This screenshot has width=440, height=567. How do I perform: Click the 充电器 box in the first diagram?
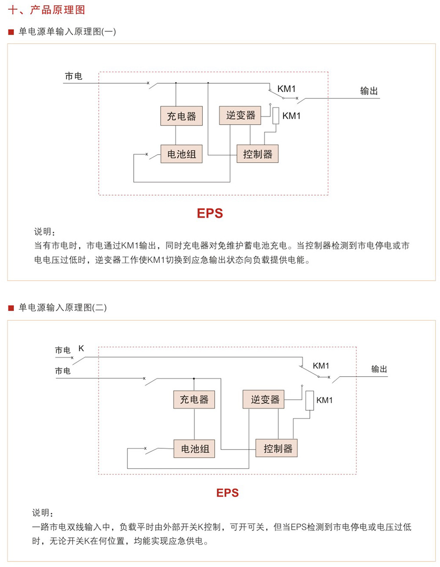pyautogui.click(x=181, y=116)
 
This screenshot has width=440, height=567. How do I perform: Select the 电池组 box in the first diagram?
pyautogui.click(x=181, y=154)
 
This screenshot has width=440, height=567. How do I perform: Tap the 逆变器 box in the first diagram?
pyautogui.click(x=240, y=115)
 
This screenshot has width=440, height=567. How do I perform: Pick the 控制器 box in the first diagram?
pyautogui.click(x=257, y=154)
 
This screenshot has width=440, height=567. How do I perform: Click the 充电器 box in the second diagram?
pyautogui.click(x=194, y=400)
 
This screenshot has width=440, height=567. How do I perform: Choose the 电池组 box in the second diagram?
pyautogui.click(x=194, y=449)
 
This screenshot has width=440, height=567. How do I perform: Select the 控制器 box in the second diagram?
pyautogui.click(x=277, y=448)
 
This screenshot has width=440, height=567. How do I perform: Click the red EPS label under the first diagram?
pyautogui.click(x=210, y=214)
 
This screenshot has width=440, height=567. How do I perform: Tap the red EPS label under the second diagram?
pyautogui.click(x=227, y=493)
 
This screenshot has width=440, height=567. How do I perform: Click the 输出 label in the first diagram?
pyautogui.click(x=369, y=91)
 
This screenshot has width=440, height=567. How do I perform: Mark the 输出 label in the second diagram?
pyautogui.click(x=379, y=369)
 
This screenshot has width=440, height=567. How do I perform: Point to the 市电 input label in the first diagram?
pyautogui.click(x=73, y=77)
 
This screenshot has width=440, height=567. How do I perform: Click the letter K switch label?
pyautogui.click(x=81, y=348)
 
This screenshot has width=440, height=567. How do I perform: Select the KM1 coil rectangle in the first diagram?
pyautogui.click(x=276, y=116)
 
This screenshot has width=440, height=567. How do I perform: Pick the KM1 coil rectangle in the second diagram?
pyautogui.click(x=310, y=400)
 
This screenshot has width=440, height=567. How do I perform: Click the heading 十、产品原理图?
pyautogui.click(x=47, y=10)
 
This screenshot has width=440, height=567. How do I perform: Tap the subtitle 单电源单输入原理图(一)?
pyautogui.click(x=67, y=32)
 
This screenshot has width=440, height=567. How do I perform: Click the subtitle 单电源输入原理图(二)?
pyautogui.click(x=62, y=308)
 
